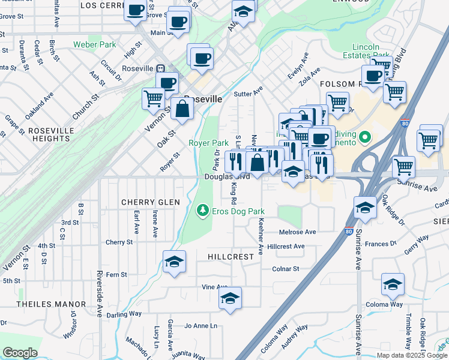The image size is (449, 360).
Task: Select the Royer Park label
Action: click(208, 143)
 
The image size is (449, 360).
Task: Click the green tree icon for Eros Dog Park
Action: click(202, 211)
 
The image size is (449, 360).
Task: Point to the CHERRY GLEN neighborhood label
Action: click(151, 202)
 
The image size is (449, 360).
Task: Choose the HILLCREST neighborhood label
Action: click(231, 256)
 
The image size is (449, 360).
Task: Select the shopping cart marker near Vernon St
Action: click(154, 98)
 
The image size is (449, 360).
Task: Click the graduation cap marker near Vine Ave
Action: click(230, 298)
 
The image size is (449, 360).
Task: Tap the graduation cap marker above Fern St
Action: click(174, 262)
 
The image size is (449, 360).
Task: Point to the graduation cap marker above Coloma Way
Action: click(393, 284)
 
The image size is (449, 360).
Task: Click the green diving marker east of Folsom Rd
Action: click(363, 140)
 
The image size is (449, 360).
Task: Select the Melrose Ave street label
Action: click(297, 232)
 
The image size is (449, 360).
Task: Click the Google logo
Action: click(20, 353)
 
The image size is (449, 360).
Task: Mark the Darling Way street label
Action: click(124, 314)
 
